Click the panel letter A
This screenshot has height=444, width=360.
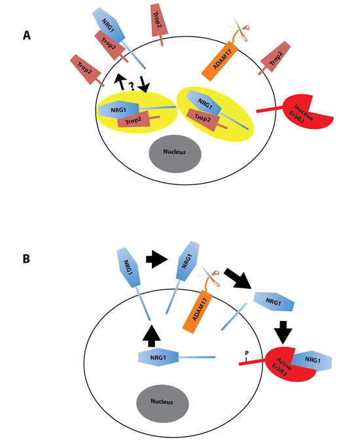tap(27, 36)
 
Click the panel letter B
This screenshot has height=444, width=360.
tap(27, 258)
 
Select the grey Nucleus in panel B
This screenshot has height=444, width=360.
tap(161, 400)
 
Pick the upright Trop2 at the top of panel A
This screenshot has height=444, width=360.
tap(157, 20)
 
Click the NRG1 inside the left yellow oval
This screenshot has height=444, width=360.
tap(119, 109)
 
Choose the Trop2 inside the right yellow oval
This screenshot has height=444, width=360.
tap(206, 121)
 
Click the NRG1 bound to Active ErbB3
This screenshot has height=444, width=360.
tap(312, 362)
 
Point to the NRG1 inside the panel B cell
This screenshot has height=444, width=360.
tap(158, 357)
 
